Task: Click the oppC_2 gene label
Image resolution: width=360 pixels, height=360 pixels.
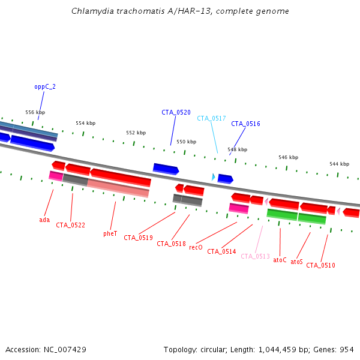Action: pos(45,86)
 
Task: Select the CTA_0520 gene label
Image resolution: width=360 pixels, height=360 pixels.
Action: pos(176,112)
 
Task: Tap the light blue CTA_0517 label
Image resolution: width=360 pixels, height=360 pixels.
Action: pos(211,118)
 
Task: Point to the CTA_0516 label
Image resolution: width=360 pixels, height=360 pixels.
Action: pos(245,124)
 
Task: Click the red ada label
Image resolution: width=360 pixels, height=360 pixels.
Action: pos(44,220)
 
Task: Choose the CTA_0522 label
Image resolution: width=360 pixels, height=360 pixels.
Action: pos(70,225)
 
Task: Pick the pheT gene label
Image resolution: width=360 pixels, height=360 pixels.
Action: pos(110,233)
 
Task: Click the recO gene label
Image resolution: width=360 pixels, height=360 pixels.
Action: pos(196,247)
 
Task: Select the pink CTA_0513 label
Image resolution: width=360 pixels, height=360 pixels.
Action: pos(255,256)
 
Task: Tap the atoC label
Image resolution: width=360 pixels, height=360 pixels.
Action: pos(280,260)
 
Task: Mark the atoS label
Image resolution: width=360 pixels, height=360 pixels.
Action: pos(296,262)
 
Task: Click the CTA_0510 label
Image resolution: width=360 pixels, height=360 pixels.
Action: pos(320,265)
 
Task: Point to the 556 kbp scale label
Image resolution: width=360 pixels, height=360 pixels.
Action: pos(35,112)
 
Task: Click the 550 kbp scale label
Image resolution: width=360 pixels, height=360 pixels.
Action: pos(186,142)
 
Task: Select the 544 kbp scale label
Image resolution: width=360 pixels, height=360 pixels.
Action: pos(339,164)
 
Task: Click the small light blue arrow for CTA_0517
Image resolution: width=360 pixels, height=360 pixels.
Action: pos(213,176)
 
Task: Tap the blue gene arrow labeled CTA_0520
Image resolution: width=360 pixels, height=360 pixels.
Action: pos(166,169)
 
